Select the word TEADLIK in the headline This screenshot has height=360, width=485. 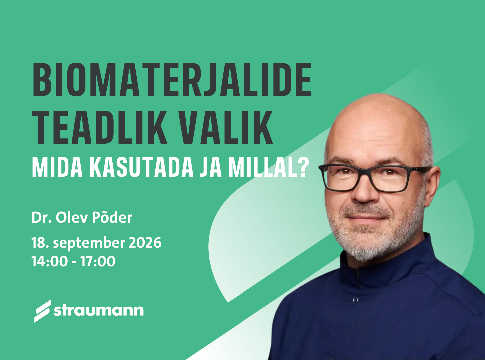point(100,127)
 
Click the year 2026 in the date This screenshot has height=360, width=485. point(145,243)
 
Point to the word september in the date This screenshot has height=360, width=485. point(89,243)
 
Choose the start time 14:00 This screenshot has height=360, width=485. point(49,261)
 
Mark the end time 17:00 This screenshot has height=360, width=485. point(97,261)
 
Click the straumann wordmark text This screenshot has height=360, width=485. point(99,310)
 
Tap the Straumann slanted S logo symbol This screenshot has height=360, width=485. point(43,311)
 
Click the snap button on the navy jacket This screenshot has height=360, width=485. point(355,300)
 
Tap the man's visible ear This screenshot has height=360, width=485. point(433,186)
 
